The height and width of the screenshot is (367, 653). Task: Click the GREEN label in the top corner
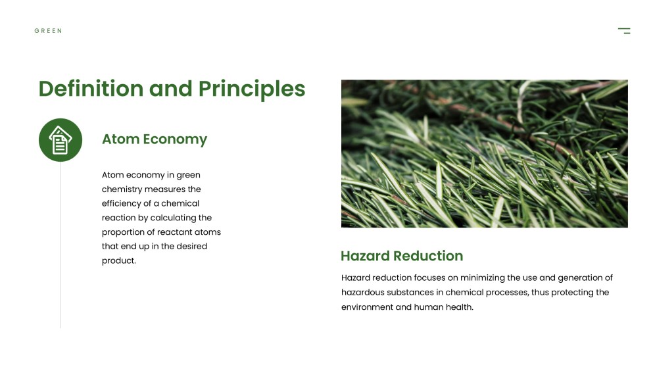click(x=48, y=31)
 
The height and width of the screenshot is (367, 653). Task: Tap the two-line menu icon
click(x=624, y=30)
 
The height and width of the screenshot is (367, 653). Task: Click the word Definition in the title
click(x=91, y=89)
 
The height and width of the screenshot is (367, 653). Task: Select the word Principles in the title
click(x=252, y=89)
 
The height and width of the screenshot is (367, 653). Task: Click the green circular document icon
click(x=60, y=140)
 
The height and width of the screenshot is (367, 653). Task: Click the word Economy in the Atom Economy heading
click(x=175, y=139)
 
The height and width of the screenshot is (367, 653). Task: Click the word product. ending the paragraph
click(x=119, y=260)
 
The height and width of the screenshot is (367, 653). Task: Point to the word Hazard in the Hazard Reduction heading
click(x=365, y=256)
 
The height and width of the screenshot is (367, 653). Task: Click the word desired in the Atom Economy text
click(x=191, y=246)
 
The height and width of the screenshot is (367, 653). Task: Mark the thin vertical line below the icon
click(x=60, y=245)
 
